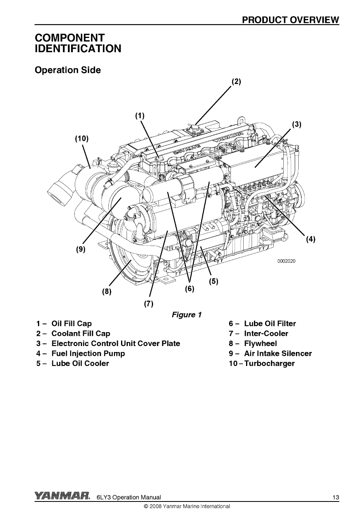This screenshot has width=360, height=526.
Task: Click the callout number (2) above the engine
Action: [x=236, y=81]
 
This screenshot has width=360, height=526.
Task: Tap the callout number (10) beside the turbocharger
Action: [x=81, y=139]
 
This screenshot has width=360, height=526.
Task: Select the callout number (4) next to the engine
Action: [x=311, y=239]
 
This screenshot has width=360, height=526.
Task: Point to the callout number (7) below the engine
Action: [x=148, y=304]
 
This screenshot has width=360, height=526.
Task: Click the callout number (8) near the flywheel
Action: [x=106, y=291]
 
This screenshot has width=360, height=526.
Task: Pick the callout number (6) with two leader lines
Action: [x=189, y=289]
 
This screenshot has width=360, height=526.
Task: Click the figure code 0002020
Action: [x=286, y=261]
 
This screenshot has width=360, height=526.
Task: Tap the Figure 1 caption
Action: [x=187, y=315]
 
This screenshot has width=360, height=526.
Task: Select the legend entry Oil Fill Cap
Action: [x=71, y=324]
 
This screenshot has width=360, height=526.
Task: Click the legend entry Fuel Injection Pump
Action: [x=88, y=354]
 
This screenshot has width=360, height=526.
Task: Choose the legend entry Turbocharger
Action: [x=269, y=363]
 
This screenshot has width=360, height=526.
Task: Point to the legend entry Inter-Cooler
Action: [x=266, y=333]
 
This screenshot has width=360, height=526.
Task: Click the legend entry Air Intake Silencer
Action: [x=278, y=354]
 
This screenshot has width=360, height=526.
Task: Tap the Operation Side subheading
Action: [x=68, y=70]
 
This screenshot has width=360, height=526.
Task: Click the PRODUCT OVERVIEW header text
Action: [x=291, y=20]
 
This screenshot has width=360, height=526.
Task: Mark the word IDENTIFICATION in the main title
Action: [x=78, y=49]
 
